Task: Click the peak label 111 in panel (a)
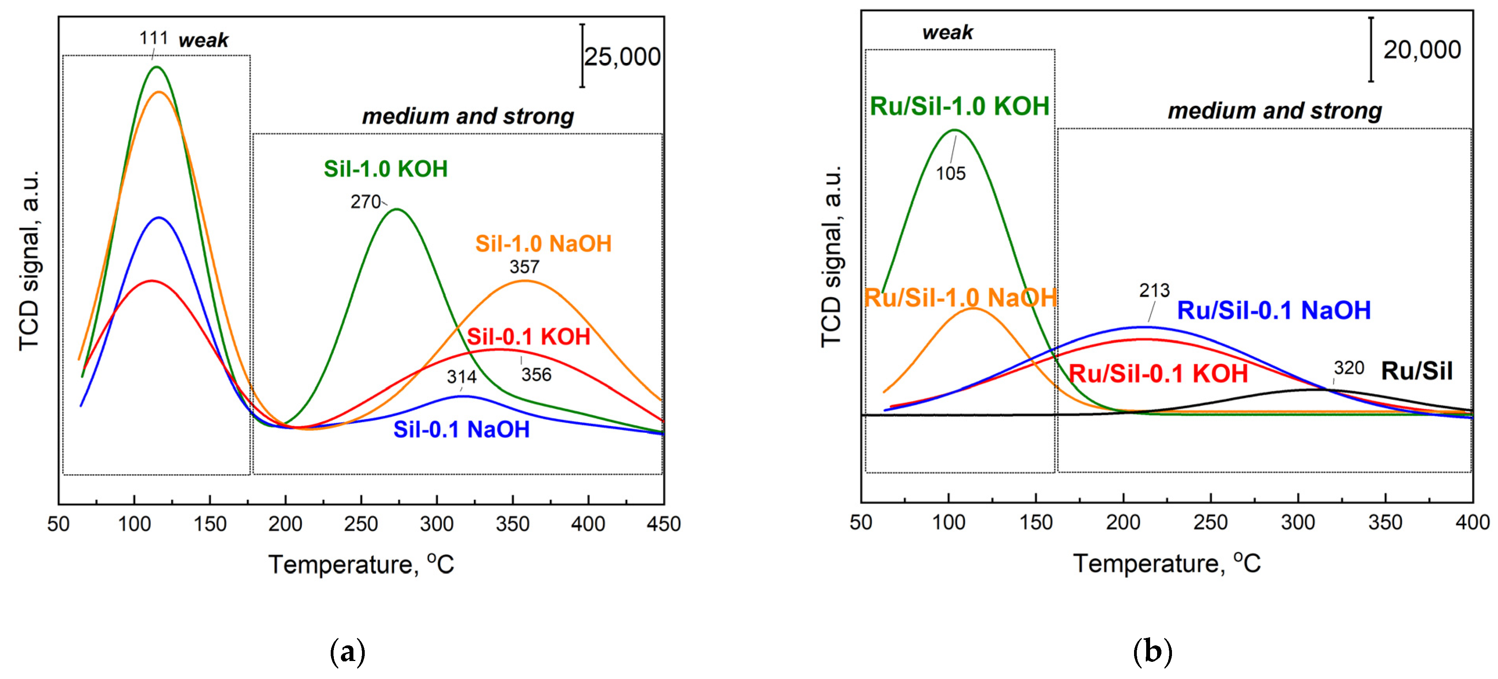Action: pyautogui.click(x=154, y=38)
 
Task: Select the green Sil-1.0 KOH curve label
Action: pyautogui.click(x=385, y=169)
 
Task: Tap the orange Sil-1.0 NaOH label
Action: pyautogui.click(x=543, y=244)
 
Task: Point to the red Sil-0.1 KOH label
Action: pyautogui.click(x=528, y=337)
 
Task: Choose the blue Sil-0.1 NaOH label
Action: pyautogui.click(x=461, y=430)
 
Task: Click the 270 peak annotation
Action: pyautogui.click(x=365, y=202)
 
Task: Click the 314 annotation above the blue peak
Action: pyautogui.click(x=461, y=377)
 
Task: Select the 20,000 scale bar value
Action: pyautogui.click(x=1421, y=50)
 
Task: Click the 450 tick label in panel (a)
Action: pyautogui.click(x=663, y=524)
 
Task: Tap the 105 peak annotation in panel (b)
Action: pyautogui.click(x=950, y=173)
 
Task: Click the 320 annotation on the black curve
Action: pyautogui.click(x=1349, y=368)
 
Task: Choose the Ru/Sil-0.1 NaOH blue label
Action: pyautogui.click(x=1274, y=310)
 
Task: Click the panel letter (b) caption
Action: pyautogui.click(x=1152, y=651)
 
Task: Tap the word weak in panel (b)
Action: pyautogui.click(x=947, y=32)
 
